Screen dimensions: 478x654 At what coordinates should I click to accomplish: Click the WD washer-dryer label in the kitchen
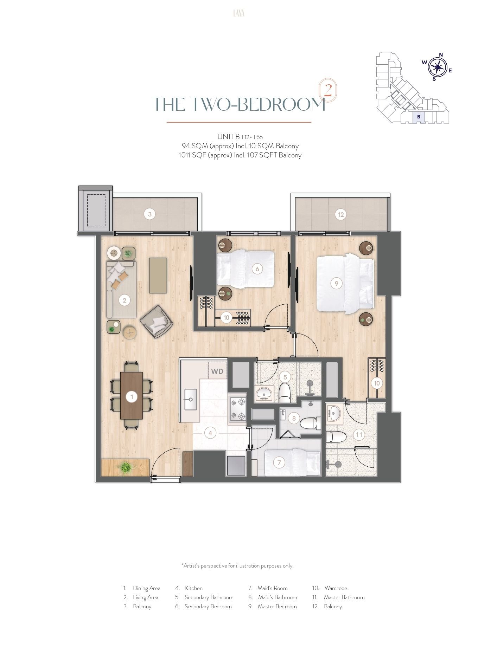tap(217, 371)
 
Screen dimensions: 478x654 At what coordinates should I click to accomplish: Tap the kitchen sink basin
tap(191, 399)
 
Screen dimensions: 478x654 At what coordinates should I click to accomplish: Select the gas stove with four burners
tap(238, 409)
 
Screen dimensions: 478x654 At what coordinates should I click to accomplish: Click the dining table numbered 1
tap(132, 395)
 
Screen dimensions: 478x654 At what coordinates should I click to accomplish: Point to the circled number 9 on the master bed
tap(337, 283)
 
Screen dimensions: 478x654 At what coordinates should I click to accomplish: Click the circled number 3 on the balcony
tap(150, 214)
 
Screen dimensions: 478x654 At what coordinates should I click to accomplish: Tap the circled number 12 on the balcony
tap(341, 214)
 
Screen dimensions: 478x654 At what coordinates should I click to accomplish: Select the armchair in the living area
tap(157, 322)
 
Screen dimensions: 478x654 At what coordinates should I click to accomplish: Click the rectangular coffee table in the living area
tap(158, 275)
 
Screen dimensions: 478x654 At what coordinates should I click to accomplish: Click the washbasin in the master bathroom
tap(334, 414)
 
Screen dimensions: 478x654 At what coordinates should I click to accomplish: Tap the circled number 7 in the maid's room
tap(279, 462)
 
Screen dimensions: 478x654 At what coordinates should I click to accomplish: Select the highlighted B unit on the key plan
tap(419, 117)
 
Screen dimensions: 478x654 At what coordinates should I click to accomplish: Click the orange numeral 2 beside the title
tap(328, 91)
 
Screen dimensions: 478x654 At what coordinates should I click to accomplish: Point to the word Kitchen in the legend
tap(194, 588)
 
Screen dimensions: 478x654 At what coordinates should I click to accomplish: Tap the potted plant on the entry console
tap(126, 467)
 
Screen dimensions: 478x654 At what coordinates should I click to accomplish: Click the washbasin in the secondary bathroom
tap(264, 394)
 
